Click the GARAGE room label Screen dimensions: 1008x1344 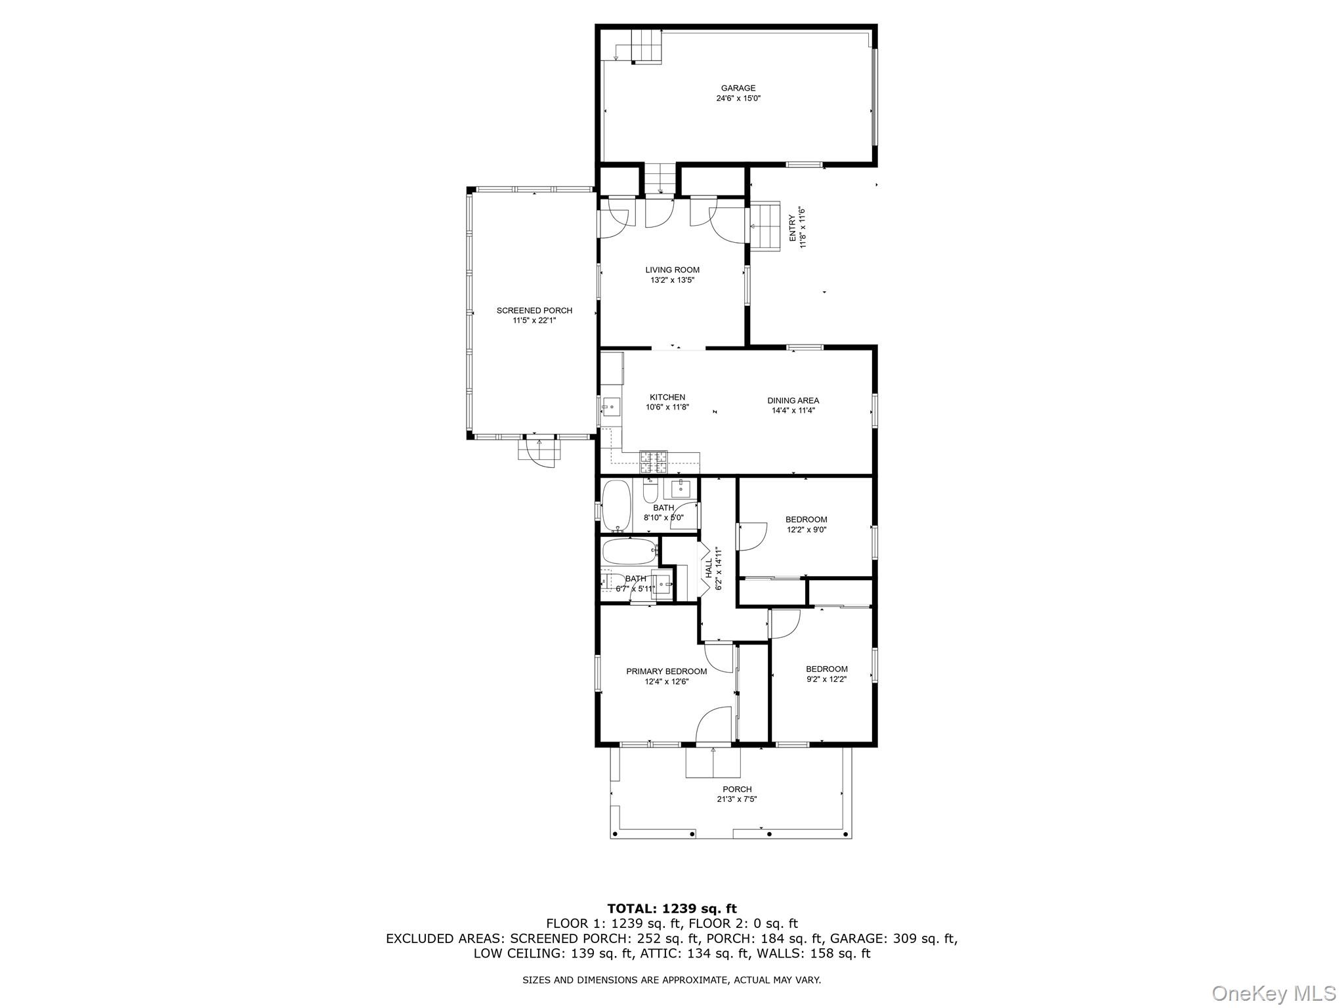pyautogui.click(x=738, y=88)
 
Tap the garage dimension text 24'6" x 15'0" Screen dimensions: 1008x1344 pyautogui.click(x=738, y=98)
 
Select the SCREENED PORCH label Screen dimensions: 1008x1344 pyautogui.click(x=534, y=310)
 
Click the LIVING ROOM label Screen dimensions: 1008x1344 pyautogui.click(x=672, y=270)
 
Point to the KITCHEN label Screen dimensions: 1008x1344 pyautogui.click(x=667, y=397)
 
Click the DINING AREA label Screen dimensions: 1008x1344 pyautogui.click(x=793, y=400)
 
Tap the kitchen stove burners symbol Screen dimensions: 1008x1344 pyautogui.click(x=654, y=462)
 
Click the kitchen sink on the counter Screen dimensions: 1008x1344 pyautogui.click(x=611, y=408)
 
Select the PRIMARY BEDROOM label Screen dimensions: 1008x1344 pyautogui.click(x=666, y=671)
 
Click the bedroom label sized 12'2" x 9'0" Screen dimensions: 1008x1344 pyautogui.click(x=806, y=520)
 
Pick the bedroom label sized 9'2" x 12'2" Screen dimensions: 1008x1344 pyautogui.click(x=826, y=669)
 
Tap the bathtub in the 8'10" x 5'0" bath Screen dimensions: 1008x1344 pyautogui.click(x=616, y=506)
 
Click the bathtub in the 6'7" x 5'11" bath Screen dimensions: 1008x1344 pyautogui.click(x=629, y=552)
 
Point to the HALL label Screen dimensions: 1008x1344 pyautogui.click(x=709, y=568)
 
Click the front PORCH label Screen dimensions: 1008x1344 pyautogui.click(x=737, y=789)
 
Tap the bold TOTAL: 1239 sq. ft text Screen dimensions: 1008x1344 pyautogui.click(x=671, y=909)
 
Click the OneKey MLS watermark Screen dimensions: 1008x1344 pyautogui.click(x=1273, y=993)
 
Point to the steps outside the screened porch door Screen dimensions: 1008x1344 pyautogui.click(x=539, y=450)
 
